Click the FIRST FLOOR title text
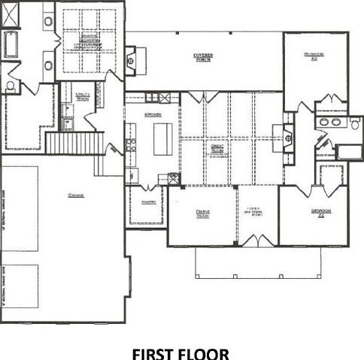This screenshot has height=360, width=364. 181,351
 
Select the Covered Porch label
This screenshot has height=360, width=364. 205,58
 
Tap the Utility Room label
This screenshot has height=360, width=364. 74,96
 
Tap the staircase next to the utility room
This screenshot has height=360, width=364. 74,141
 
